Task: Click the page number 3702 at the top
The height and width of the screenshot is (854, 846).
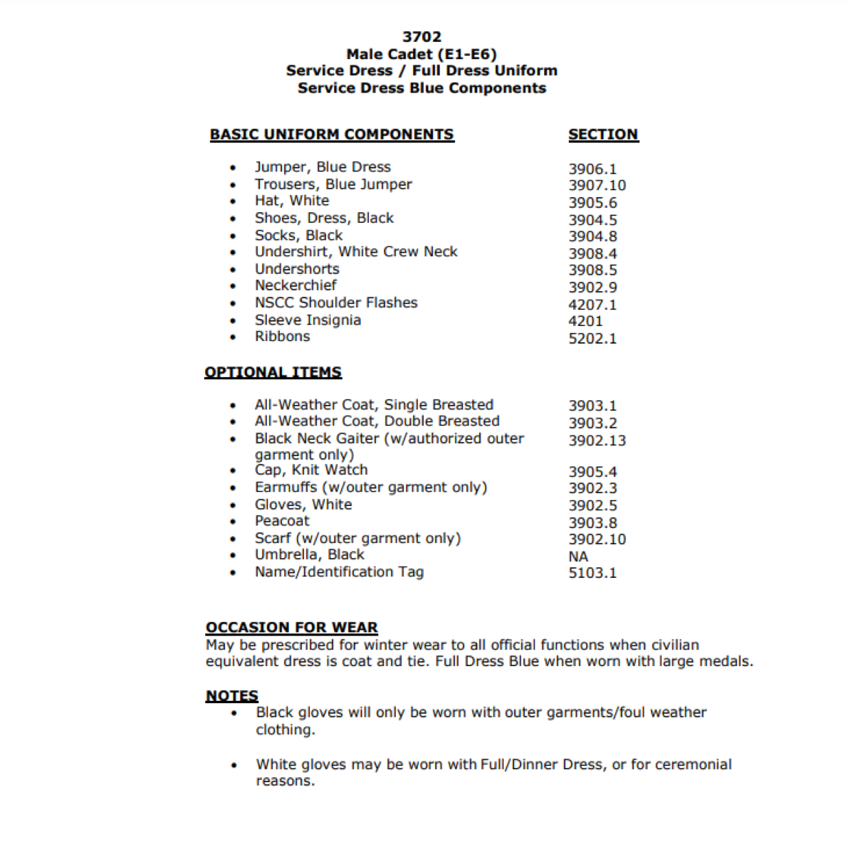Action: coord(422,37)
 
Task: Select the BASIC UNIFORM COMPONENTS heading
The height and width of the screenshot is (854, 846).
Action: coord(332,135)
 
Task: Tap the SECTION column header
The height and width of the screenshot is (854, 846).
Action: coord(602,135)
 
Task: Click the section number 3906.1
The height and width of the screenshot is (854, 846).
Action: coord(592,169)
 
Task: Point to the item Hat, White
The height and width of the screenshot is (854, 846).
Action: coord(292,201)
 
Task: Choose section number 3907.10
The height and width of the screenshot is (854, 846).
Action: coord(597,186)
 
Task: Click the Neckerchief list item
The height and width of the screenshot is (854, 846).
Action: coord(296,285)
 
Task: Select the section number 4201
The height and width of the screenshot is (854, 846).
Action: coord(585,321)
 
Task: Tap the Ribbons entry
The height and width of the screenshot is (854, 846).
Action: coord(283,337)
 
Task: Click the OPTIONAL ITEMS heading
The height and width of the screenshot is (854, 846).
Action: coord(273,372)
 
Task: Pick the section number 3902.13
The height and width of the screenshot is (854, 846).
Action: coord(597,441)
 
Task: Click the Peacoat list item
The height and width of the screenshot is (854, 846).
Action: coord(282,521)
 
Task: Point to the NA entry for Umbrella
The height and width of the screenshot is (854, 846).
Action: coord(578,557)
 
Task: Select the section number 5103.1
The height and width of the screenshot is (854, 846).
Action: coord(592,573)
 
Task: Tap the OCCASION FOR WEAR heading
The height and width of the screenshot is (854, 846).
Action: coord(292,628)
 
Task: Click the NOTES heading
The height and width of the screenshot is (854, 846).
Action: coord(232,696)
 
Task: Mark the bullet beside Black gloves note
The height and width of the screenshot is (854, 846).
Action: coord(234,713)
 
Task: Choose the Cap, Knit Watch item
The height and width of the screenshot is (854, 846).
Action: coord(311,470)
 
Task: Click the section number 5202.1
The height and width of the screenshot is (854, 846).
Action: coord(592,339)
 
